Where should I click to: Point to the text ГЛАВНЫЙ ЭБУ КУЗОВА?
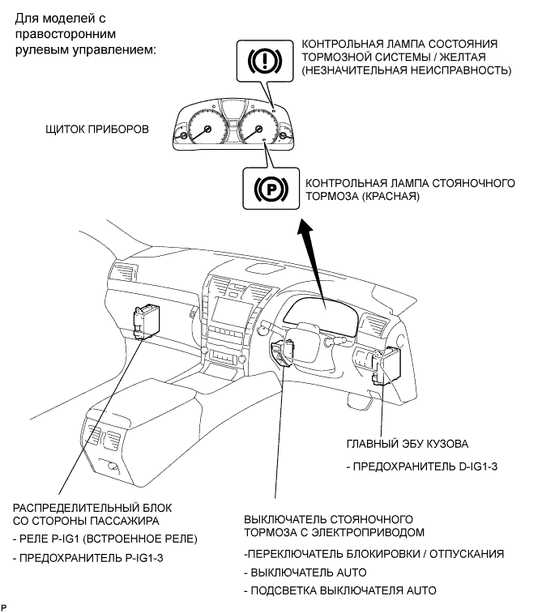point(407,444)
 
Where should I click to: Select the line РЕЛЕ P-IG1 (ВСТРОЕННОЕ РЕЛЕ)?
point(105,539)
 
